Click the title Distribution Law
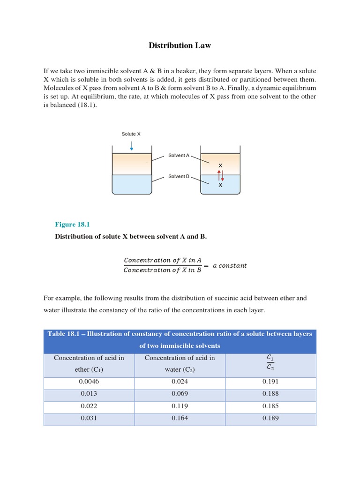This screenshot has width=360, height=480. [x=180, y=45]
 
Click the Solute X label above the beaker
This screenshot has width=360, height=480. [x=131, y=134]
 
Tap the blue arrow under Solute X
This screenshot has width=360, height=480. [x=131, y=145]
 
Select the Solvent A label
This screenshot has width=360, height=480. [x=179, y=155]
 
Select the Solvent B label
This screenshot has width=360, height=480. [x=179, y=176]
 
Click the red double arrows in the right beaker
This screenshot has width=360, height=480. [x=220, y=175]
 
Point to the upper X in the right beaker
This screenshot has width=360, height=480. [x=220, y=166]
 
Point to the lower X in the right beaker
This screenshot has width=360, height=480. [x=220, y=185]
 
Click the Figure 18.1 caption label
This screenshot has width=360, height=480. [x=72, y=225]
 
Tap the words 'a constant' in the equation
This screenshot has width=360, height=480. [x=230, y=265]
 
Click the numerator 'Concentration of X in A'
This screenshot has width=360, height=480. [x=162, y=260]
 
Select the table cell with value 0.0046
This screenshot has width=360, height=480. [x=89, y=382]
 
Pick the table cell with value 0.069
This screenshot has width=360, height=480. [x=180, y=393]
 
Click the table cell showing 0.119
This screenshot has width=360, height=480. [x=180, y=405]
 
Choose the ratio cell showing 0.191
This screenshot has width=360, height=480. [x=270, y=382]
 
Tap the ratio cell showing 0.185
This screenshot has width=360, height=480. [x=270, y=405]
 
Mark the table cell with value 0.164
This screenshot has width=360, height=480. [x=180, y=418]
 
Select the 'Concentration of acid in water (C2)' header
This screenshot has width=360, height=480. [x=180, y=364]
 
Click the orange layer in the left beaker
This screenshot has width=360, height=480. [x=132, y=164]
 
